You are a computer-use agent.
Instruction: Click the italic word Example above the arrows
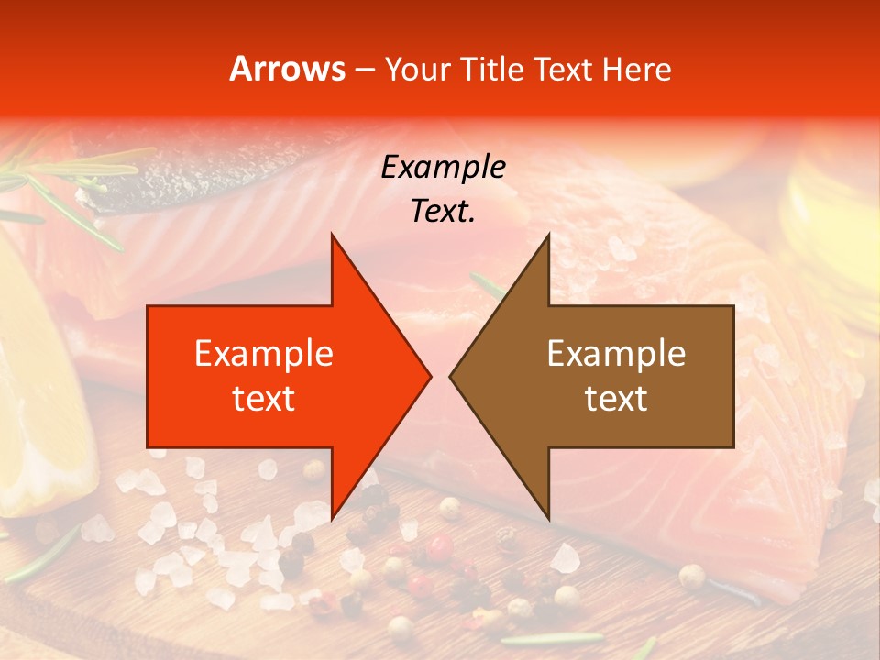coord(444,167)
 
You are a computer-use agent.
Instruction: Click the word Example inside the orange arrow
coord(264,353)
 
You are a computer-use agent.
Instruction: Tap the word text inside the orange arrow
coord(264,398)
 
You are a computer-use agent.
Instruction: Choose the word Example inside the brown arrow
coord(616,353)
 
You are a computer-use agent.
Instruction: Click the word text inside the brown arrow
coord(616,398)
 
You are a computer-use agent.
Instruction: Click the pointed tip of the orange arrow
coord(430,376)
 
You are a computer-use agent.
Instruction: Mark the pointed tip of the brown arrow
coord(450,376)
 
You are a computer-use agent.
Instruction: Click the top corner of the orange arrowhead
coord(332,235)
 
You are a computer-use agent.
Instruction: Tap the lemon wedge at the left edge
coord(41,412)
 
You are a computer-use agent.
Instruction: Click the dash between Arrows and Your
coord(364,70)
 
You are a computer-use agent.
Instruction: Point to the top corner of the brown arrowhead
coord(548,235)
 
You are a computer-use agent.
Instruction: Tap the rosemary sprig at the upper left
coord(73,183)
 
